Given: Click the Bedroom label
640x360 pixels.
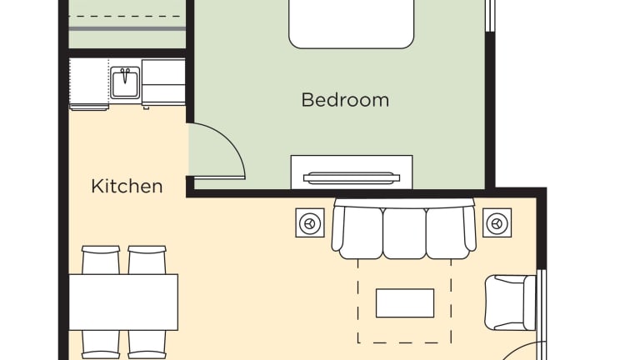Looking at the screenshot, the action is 345,100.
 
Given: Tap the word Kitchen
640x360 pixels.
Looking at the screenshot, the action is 127,186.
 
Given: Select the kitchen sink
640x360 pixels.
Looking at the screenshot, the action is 125,82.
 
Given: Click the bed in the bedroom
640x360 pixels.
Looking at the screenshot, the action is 352,23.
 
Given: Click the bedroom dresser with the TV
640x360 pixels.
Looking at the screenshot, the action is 352,172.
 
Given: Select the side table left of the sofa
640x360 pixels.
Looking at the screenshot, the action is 310,222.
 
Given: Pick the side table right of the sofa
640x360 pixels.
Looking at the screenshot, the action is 497,222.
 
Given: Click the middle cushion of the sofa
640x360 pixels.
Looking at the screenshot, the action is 404,232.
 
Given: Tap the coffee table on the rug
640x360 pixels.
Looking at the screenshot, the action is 405,302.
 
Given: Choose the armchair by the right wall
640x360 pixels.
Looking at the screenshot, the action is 510,302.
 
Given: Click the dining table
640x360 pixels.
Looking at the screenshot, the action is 123,302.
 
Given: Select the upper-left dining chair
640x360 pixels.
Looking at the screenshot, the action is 101,260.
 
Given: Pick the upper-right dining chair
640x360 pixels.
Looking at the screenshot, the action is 147,260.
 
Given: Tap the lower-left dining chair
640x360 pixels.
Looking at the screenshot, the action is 101,344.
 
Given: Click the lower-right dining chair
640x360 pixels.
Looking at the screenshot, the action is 147,344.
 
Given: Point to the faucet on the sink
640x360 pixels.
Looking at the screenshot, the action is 125,75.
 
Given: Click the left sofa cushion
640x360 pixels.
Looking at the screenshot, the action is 361,232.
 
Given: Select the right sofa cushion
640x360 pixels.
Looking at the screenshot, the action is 447,232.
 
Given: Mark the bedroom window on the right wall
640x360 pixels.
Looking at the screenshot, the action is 490,16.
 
